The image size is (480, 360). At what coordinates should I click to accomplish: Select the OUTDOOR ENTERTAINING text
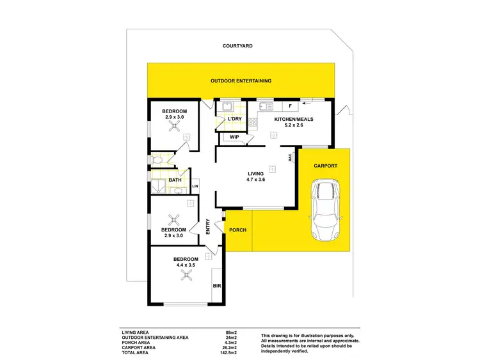(x=241, y=81)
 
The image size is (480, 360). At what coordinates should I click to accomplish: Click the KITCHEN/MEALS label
(x=292, y=120)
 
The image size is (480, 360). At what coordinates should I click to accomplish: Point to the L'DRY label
(x=234, y=119)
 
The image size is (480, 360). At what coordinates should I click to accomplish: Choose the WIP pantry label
(x=234, y=137)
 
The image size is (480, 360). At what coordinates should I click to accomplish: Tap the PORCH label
(x=238, y=230)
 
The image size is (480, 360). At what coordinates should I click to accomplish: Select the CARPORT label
(x=325, y=166)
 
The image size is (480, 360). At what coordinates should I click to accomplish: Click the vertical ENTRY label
(x=209, y=227)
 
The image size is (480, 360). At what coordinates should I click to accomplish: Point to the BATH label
(x=175, y=180)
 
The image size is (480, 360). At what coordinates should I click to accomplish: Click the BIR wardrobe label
(x=216, y=286)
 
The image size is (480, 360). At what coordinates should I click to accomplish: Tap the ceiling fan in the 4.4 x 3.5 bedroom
(x=187, y=276)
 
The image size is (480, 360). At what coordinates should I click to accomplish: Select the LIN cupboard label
(x=195, y=186)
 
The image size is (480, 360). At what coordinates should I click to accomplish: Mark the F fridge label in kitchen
(x=290, y=106)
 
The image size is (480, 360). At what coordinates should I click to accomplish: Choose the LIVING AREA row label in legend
(x=135, y=333)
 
